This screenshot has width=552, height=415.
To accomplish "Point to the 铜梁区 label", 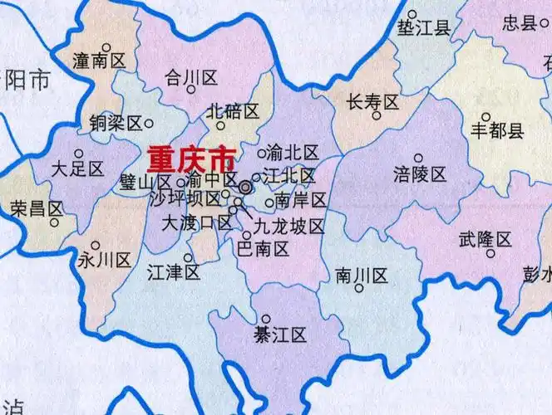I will pos(116,123).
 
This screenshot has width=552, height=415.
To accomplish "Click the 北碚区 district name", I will pos(233,110).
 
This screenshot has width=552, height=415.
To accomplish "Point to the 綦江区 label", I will pos(280,334).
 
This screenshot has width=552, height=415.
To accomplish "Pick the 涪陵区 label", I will pos(420,174).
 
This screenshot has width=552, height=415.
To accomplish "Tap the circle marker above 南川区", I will pos(359,289).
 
